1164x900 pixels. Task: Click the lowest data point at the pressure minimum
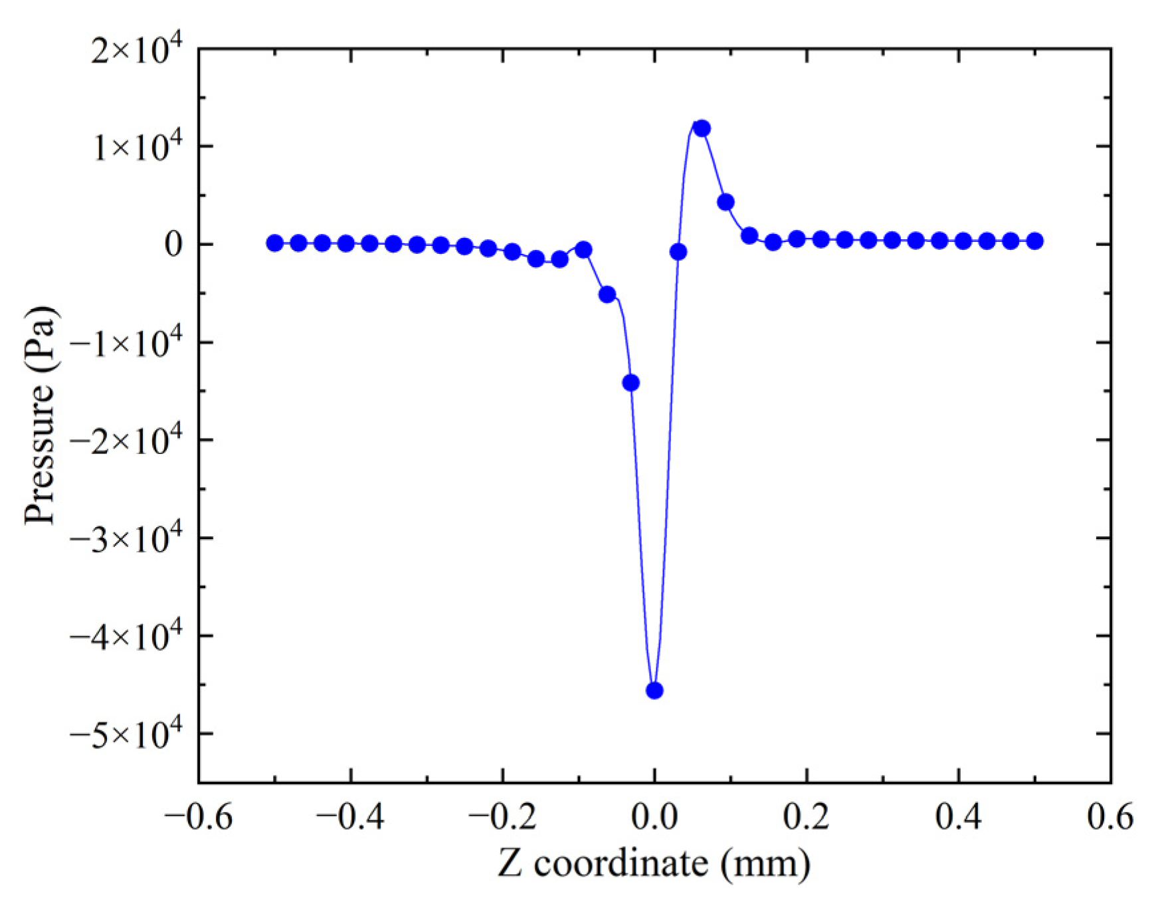pyautogui.click(x=654, y=691)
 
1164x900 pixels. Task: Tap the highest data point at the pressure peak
pyautogui.click(x=702, y=128)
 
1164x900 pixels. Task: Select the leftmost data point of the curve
pyautogui.click(x=274, y=243)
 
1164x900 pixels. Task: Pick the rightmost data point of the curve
pyautogui.click(x=1034, y=241)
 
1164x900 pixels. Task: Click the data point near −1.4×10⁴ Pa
pyautogui.click(x=631, y=383)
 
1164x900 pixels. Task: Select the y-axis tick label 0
pyautogui.click(x=173, y=245)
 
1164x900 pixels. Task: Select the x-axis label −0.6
pyautogui.click(x=199, y=817)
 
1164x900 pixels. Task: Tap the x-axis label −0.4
pyautogui.click(x=350, y=817)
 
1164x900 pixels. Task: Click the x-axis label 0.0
pyautogui.click(x=654, y=817)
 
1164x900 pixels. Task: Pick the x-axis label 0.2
pyautogui.click(x=807, y=817)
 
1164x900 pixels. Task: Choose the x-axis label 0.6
pyautogui.click(x=1110, y=817)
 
